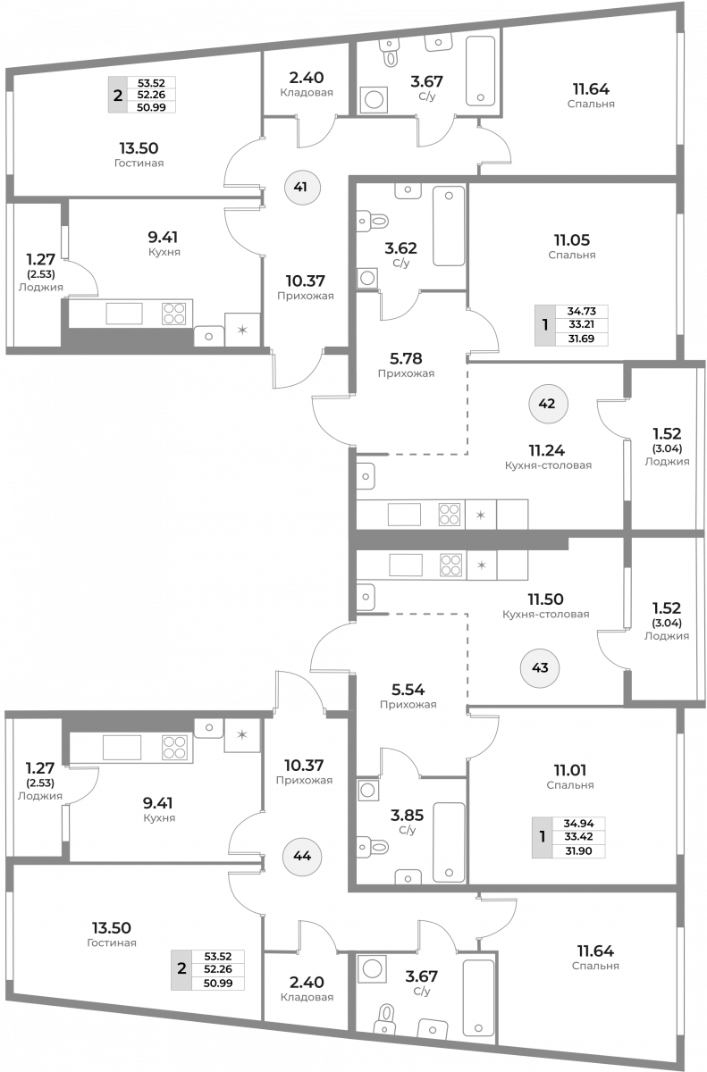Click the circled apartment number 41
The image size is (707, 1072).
pyautogui.click(x=300, y=187)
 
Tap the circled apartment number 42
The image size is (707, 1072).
pyautogui.click(x=548, y=404)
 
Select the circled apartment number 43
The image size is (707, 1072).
pyautogui.click(x=540, y=668)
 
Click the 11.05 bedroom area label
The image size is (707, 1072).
pyautogui.click(x=572, y=239)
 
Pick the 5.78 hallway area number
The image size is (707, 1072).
pyautogui.click(x=407, y=358)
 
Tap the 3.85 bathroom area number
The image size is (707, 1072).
pyautogui.click(x=408, y=815)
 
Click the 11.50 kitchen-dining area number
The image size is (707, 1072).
pyautogui.click(x=546, y=599)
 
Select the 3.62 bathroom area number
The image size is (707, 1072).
pyautogui.click(x=401, y=248)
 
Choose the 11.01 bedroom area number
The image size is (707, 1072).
pyautogui.click(x=570, y=770)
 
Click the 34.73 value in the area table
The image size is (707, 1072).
pyautogui.click(x=582, y=311)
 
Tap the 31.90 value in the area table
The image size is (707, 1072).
pyautogui.click(x=578, y=850)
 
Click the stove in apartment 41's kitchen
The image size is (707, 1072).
pyautogui.click(x=173, y=314)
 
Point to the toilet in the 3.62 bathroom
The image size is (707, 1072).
pyautogui.click(x=373, y=222)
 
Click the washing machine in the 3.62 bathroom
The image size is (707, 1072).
pyautogui.click(x=367, y=278)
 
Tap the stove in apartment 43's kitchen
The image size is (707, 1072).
pyautogui.click(x=450, y=565)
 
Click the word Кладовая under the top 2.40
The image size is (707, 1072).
pyautogui.click(x=307, y=92)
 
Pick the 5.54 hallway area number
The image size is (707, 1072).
pyautogui.click(x=408, y=690)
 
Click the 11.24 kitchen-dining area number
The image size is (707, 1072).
pyautogui.click(x=547, y=450)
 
